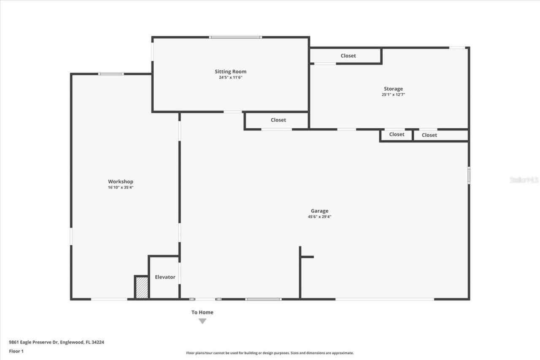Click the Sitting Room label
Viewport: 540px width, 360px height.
(230, 72)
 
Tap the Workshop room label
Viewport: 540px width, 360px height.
(121, 182)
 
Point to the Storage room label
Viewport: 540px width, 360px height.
(393, 89)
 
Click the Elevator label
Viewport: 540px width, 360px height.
(165, 277)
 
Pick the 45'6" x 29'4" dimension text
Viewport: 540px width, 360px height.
(319, 217)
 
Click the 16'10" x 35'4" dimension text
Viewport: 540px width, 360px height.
(121, 187)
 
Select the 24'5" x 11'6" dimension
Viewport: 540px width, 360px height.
(230, 77)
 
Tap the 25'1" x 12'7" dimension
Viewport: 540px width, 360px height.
(393, 95)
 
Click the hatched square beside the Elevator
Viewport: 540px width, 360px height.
(142, 288)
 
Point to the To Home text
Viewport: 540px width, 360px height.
(202, 313)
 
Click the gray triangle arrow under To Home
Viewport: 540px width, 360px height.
(202, 321)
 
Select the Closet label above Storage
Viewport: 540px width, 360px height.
(348, 56)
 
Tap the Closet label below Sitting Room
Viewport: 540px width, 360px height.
(278, 120)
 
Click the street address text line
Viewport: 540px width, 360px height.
(57, 342)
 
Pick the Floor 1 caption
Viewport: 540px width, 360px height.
(16, 351)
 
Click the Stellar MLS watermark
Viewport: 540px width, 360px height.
(524, 180)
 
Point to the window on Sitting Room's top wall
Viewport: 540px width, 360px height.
(235, 37)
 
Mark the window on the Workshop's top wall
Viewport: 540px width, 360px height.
(111, 74)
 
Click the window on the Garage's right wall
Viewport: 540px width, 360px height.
(469, 175)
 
